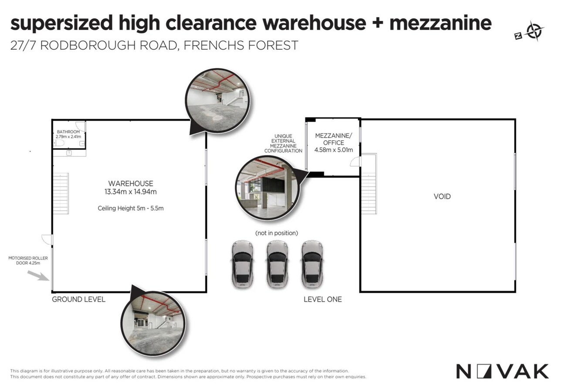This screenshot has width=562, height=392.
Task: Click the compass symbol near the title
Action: [x=530, y=31]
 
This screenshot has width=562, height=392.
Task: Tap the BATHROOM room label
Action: [x=68, y=132]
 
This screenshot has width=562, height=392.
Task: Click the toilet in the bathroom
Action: [x=59, y=143]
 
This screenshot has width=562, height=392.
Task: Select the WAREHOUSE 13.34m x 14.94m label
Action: [x=130, y=188]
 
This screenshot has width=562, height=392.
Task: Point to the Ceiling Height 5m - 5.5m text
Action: [x=130, y=208]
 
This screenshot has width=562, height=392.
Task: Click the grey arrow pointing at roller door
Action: [x=38, y=276]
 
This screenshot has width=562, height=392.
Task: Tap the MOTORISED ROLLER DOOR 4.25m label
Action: [x=28, y=260]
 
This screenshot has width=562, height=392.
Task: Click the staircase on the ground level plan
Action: [x=61, y=193]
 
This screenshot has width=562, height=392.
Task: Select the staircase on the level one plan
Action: [x=369, y=183]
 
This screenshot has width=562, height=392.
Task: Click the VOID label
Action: [x=442, y=196]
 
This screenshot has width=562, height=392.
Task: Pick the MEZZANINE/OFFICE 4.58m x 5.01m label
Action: [x=334, y=143]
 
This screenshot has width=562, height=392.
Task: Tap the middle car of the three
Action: [x=277, y=264]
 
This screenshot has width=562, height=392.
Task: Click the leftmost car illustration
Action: [x=242, y=264]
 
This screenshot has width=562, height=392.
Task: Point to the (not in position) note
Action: [x=277, y=233]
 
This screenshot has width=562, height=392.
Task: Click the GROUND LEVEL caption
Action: [x=78, y=299]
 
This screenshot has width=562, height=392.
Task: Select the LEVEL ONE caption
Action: [x=323, y=299]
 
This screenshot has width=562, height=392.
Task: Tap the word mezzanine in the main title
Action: [x=440, y=23]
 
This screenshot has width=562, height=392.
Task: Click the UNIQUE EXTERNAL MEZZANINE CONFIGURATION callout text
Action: [x=283, y=143]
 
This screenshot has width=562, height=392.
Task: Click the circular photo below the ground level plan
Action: [x=153, y=323]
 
